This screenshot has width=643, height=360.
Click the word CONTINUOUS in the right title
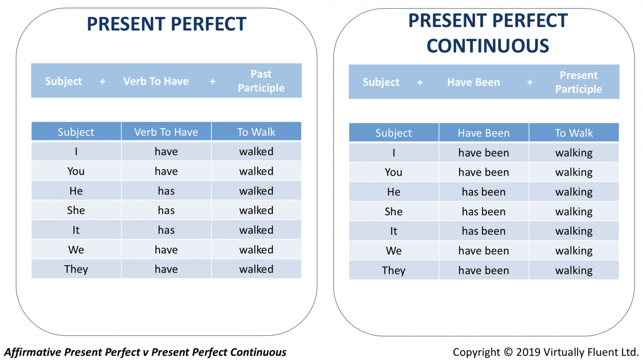(x=488, y=46)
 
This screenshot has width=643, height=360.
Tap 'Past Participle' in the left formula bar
(x=261, y=81)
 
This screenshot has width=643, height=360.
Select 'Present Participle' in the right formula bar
(x=578, y=82)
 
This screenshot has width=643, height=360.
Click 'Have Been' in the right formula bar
(x=473, y=82)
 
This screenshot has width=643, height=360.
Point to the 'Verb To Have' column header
(x=166, y=132)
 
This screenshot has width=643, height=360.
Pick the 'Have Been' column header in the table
(x=484, y=133)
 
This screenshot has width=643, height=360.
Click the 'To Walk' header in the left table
(x=256, y=132)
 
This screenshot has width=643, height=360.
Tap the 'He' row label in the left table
(x=76, y=191)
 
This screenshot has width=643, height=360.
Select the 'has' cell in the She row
(x=166, y=211)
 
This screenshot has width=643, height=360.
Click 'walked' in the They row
(x=256, y=269)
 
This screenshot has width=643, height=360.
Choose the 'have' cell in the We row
(x=166, y=250)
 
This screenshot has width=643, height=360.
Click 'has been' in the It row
(x=484, y=231)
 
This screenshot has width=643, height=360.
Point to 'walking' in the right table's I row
(x=574, y=153)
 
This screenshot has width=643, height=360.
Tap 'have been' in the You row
(x=484, y=172)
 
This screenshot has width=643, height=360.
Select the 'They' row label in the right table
(x=393, y=270)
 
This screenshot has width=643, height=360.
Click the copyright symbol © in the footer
(x=508, y=352)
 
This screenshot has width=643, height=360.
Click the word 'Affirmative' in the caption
(x=33, y=352)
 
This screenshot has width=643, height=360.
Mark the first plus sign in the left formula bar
(x=102, y=82)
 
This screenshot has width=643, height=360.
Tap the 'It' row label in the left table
(x=76, y=230)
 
